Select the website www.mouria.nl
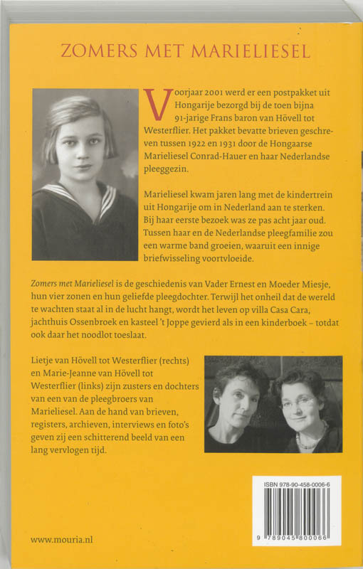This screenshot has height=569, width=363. pyautogui.click(x=62, y=540)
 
